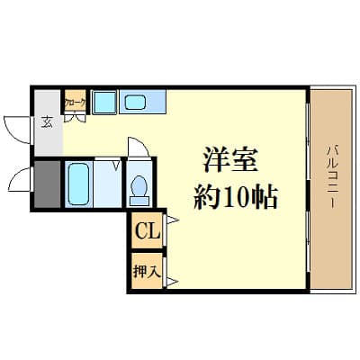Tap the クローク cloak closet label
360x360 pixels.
tap(76, 103)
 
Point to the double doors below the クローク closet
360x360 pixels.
tap(76, 115)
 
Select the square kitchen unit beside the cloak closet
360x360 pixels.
tap(104, 103)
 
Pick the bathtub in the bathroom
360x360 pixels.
tap(78, 184)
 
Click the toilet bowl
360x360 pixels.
tap(139, 187)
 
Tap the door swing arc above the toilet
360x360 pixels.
tap(136, 148)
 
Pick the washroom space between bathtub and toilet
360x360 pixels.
tap(110, 184)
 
